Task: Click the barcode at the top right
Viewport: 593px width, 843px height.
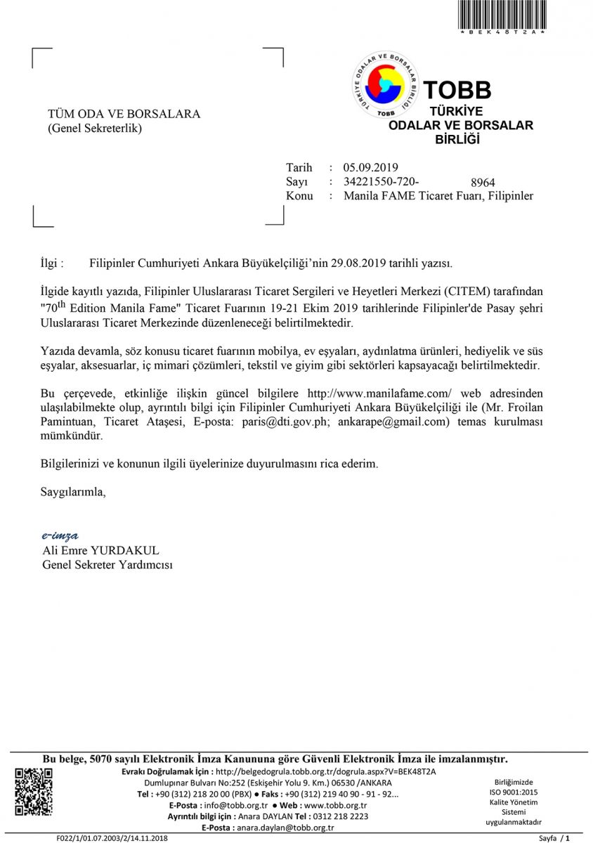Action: [x=502, y=14]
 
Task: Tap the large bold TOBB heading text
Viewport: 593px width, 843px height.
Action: [x=457, y=90]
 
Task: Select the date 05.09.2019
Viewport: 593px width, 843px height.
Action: [x=371, y=167]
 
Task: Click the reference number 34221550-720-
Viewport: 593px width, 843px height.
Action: [x=381, y=181]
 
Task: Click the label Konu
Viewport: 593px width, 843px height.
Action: [x=299, y=196]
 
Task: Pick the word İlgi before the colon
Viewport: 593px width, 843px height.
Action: [x=51, y=263]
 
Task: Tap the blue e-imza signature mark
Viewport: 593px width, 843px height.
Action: [x=60, y=535]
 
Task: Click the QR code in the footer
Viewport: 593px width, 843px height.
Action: [x=34, y=792]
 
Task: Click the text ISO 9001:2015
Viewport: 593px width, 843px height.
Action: [x=514, y=792]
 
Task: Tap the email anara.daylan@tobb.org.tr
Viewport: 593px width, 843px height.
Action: [x=279, y=828]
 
